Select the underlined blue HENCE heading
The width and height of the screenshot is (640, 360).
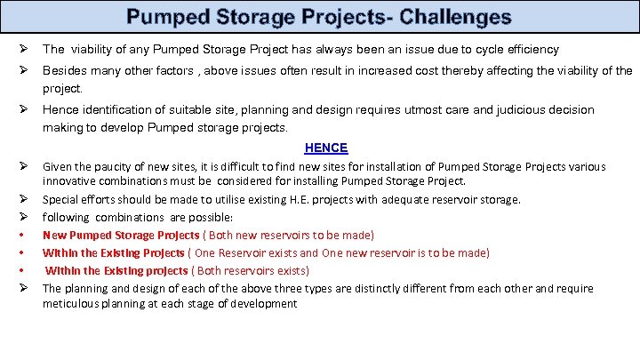click(326, 148)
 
